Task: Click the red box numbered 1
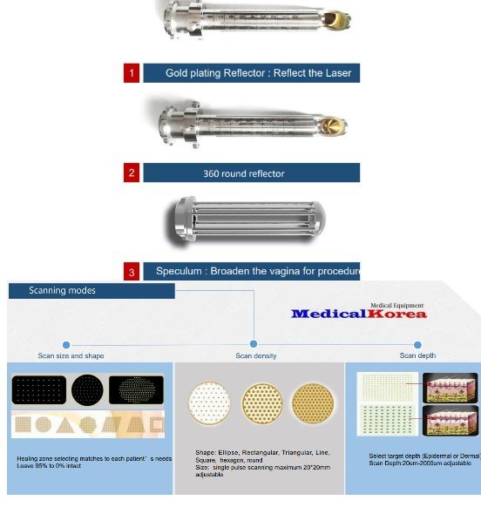(x=131, y=73)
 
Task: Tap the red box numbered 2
(x=131, y=172)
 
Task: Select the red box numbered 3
(x=131, y=272)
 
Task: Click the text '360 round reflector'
(x=243, y=173)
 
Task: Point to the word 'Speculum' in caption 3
(x=178, y=271)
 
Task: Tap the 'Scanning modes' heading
(x=62, y=290)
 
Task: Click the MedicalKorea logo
(x=358, y=313)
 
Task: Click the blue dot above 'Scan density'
(x=254, y=344)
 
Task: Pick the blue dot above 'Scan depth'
(x=417, y=344)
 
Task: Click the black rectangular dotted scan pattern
(x=39, y=390)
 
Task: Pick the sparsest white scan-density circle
(x=210, y=403)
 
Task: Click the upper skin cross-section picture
(x=445, y=387)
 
